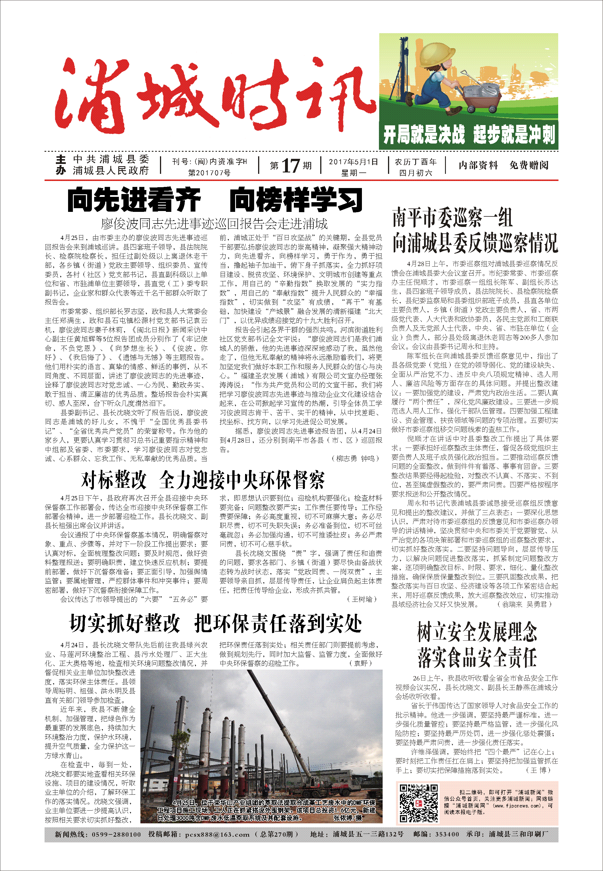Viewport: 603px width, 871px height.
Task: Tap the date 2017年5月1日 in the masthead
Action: (353, 162)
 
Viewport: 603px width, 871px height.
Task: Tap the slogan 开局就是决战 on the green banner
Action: (424, 134)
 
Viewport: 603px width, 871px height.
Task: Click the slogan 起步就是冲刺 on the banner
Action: (514, 134)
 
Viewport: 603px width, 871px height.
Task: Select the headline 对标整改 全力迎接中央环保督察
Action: (203, 480)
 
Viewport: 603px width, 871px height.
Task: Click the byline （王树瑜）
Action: (362, 599)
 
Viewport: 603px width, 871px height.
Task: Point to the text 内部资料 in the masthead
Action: (478, 165)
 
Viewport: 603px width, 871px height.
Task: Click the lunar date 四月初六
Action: (416, 173)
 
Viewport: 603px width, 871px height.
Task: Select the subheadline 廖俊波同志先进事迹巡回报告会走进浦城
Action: (214, 224)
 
